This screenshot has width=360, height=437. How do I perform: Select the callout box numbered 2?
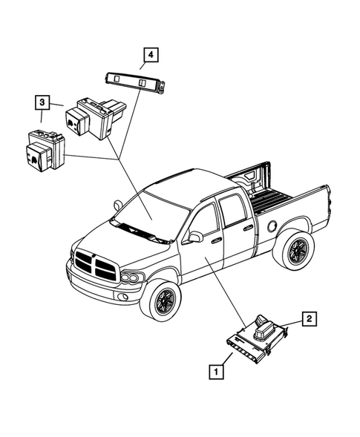(x=310, y=320)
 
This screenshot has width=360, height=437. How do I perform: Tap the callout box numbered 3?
(x=43, y=102)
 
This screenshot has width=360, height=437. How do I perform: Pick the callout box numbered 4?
(x=151, y=54)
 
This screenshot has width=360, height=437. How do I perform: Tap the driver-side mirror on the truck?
(x=196, y=237)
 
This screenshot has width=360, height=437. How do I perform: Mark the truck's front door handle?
(x=216, y=240)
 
